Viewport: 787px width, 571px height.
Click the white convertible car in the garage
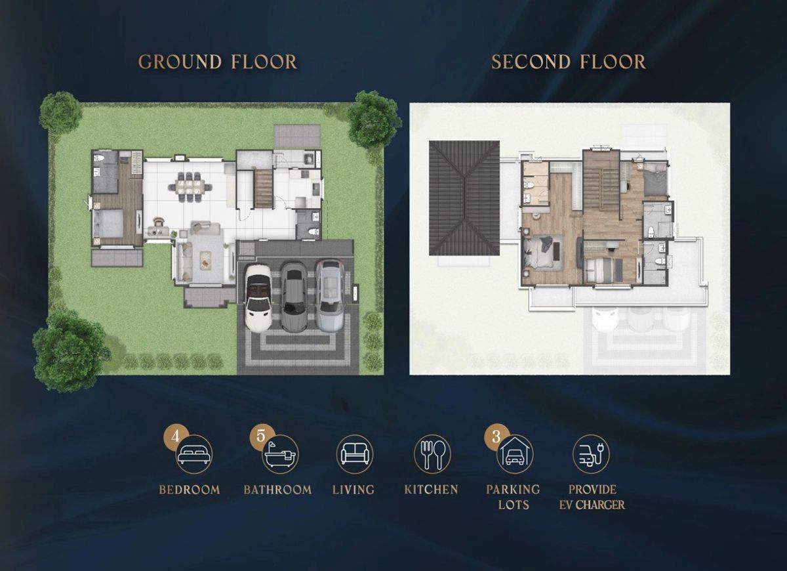(x=258, y=297)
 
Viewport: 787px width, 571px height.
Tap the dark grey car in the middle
(x=294, y=297)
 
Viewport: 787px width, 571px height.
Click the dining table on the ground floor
(x=190, y=186)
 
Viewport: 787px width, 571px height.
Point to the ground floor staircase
(x=264, y=188)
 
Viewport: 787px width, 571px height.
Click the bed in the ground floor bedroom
(x=108, y=223)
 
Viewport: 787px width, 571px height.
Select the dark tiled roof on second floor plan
(x=464, y=198)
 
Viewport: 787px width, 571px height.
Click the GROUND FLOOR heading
(x=218, y=62)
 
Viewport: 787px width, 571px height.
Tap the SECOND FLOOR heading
(x=568, y=62)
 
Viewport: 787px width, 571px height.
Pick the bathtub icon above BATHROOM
(x=280, y=454)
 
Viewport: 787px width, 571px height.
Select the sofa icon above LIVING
(x=355, y=454)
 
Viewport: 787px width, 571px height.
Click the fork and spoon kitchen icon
(x=432, y=454)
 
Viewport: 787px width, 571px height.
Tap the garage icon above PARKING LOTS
(x=515, y=454)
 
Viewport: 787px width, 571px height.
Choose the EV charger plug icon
(x=592, y=454)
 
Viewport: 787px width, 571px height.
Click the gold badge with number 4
(x=175, y=436)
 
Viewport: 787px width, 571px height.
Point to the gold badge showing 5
(x=261, y=436)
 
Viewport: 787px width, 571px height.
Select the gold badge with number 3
(x=496, y=436)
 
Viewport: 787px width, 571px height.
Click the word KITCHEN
(x=431, y=490)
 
